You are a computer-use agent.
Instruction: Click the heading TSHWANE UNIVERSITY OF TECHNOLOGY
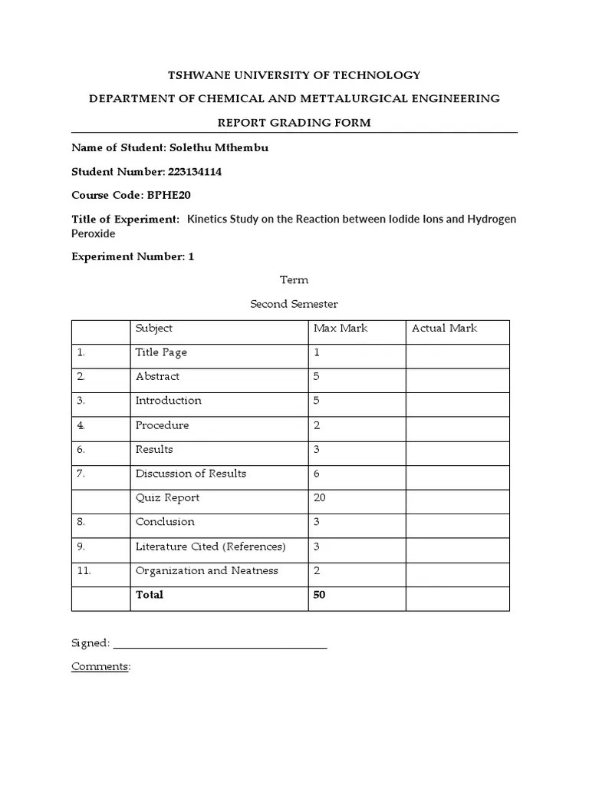click(x=294, y=75)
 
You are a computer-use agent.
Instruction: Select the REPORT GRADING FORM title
click(x=294, y=123)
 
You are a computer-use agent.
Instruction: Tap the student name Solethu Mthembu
click(x=223, y=147)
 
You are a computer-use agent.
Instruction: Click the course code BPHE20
click(x=169, y=196)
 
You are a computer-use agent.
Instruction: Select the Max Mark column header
click(x=341, y=329)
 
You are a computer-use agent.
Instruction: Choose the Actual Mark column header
click(x=444, y=329)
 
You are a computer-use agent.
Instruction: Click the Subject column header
click(x=154, y=329)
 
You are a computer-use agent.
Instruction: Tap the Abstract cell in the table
click(x=157, y=377)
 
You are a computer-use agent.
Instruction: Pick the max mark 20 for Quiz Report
click(x=320, y=498)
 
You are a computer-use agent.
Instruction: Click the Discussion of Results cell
click(x=191, y=474)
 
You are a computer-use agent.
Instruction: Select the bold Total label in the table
click(x=150, y=595)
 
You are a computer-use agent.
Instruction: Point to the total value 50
click(x=320, y=595)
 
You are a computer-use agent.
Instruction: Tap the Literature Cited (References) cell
click(x=210, y=547)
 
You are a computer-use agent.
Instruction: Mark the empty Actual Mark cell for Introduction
click(x=457, y=401)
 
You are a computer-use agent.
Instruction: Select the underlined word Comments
click(x=100, y=667)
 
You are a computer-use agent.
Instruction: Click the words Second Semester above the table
click(x=294, y=304)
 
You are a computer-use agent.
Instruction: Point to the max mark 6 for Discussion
click(x=317, y=474)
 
